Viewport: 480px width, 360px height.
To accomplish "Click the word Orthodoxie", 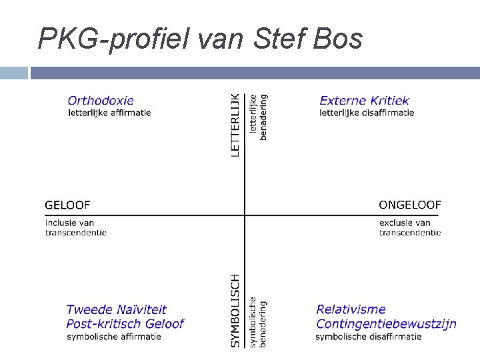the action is click(x=101, y=101).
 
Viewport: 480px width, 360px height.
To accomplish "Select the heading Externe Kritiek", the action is click(x=364, y=101).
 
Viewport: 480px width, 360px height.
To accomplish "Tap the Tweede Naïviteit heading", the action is click(x=116, y=309).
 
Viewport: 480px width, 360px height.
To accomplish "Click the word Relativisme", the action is click(x=351, y=309).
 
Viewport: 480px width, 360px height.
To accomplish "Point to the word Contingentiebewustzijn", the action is click(x=386, y=324).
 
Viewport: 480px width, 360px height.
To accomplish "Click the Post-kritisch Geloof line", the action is click(x=125, y=324).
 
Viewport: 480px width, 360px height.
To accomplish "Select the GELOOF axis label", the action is click(x=67, y=205).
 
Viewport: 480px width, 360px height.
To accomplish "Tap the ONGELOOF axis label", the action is click(x=410, y=205).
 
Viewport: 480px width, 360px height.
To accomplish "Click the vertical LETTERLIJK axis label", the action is click(x=235, y=125).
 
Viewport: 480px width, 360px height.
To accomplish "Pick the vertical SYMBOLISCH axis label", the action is click(x=235, y=310).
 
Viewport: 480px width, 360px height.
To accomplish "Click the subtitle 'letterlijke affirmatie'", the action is click(x=109, y=113).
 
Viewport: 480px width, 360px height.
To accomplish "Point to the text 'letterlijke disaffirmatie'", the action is click(x=367, y=113).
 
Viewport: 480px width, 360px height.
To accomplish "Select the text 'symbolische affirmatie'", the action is click(x=113, y=337).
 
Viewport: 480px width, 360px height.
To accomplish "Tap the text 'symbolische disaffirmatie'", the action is click(x=369, y=337).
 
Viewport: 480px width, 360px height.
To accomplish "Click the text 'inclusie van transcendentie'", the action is click(x=76, y=227).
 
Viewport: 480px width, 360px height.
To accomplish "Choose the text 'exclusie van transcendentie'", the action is click(x=410, y=227).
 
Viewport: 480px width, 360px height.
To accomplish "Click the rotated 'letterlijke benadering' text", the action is click(x=258, y=117).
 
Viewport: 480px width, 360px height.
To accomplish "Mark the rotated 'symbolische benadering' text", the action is click(x=258, y=323).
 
